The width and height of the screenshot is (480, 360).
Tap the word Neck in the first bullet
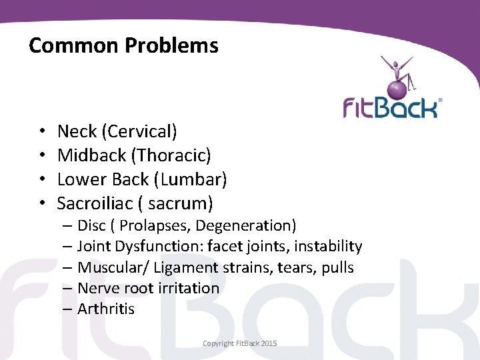pyautogui.click(x=75, y=131)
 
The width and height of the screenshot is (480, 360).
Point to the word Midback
pyautogui.click(x=91, y=155)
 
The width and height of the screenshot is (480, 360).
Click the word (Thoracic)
pyautogui.click(x=171, y=155)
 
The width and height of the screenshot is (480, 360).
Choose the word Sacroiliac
pyautogui.click(x=98, y=202)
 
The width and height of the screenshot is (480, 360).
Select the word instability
pyautogui.click(x=328, y=247)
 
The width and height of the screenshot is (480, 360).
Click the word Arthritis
pyautogui.click(x=106, y=309)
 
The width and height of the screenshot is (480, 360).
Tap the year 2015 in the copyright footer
pyautogui.click(x=269, y=343)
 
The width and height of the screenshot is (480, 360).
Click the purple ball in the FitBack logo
pyautogui.click(x=399, y=87)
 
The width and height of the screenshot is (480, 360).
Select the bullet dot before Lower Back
pyautogui.click(x=41, y=179)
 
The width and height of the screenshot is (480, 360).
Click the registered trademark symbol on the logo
pyautogui.click(x=440, y=101)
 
